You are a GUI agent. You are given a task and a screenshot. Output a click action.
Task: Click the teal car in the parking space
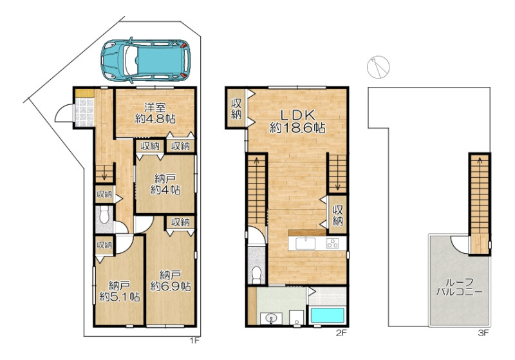click(x=145, y=60)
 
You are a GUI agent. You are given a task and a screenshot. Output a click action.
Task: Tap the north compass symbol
click(x=378, y=67)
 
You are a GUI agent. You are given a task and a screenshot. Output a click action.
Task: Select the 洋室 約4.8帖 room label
click(x=155, y=113)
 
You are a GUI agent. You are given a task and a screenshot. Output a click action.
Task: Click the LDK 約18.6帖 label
click(x=297, y=121)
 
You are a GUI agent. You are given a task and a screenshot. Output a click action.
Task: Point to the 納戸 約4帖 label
click(x=165, y=184)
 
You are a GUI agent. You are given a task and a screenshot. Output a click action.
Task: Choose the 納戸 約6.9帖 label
click(x=171, y=281)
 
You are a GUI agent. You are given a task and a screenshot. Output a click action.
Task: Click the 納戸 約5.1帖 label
click(x=120, y=291)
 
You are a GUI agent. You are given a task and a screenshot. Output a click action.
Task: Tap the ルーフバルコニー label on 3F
click(x=459, y=287)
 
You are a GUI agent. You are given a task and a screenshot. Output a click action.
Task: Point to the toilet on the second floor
click(x=256, y=275)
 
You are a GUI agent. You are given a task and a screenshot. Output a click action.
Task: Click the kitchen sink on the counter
click(x=305, y=243)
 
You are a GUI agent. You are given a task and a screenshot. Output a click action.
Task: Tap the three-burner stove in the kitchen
click(x=332, y=243)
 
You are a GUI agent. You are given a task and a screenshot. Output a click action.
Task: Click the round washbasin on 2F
click(x=271, y=318)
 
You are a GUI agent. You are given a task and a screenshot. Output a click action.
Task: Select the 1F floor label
click(x=194, y=341)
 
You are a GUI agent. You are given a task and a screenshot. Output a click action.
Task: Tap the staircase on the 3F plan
click(x=480, y=204)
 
